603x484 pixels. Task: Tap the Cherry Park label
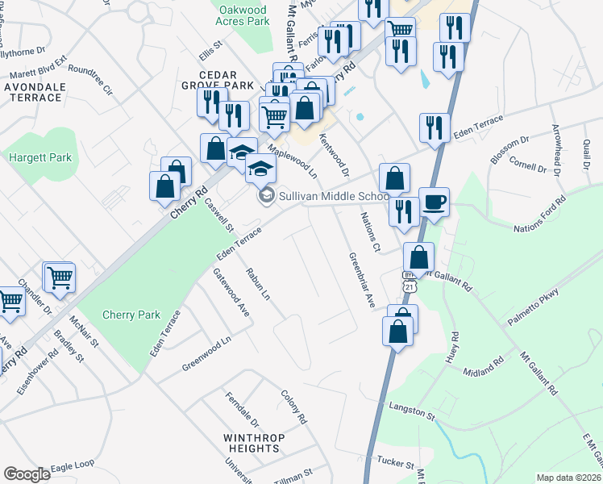tap(131, 315)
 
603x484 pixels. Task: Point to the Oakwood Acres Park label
tap(243, 15)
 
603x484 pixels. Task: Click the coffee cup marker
tap(434, 202)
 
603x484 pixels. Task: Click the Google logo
tap(27, 474)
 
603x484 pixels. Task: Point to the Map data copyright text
tap(568, 477)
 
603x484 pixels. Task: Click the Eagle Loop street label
tap(73, 466)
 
